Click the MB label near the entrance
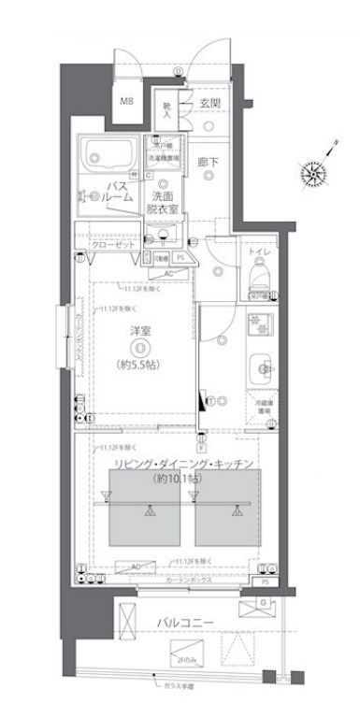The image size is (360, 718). [x=125, y=100]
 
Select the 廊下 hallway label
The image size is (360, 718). [x=207, y=164]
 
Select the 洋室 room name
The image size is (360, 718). [x=139, y=328]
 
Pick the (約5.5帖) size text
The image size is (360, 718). [x=139, y=363]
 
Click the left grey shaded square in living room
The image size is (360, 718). [x=146, y=506]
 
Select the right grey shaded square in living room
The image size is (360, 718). [x=227, y=506]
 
